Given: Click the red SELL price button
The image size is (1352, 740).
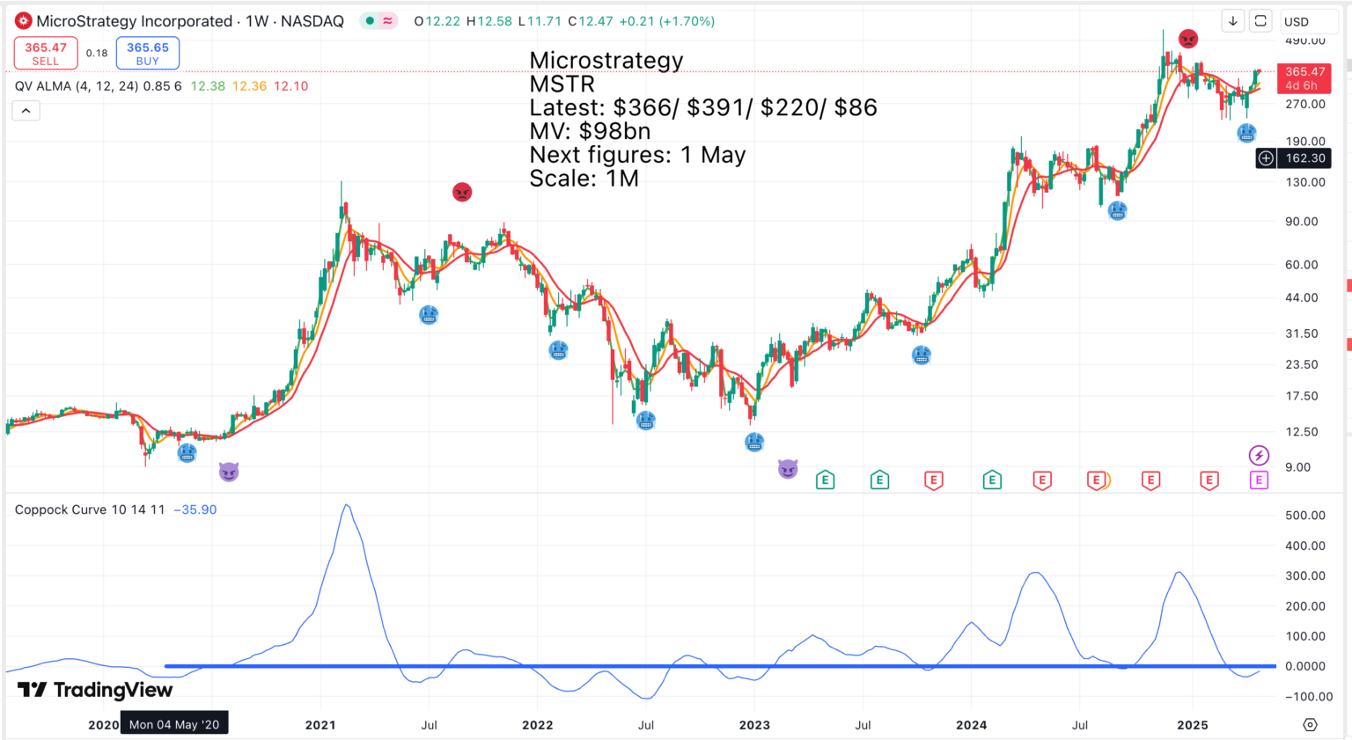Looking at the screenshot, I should [x=46, y=53].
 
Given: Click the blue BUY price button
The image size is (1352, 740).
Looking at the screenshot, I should [x=148, y=53].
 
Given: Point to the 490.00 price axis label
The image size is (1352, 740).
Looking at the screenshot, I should [x=1304, y=40].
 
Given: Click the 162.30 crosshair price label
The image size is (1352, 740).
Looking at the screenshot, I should [x=1304, y=158].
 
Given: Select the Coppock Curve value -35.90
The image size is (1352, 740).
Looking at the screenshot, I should [x=195, y=509].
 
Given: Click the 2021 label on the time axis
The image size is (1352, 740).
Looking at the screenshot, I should [x=320, y=725].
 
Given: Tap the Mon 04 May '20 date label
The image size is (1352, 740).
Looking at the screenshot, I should [x=174, y=724].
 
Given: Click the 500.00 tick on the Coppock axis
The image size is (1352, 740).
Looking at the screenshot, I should [x=1304, y=516].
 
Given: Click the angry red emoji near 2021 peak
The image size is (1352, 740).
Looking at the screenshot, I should [x=462, y=192].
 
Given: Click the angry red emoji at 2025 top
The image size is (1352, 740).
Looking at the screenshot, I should [x=1188, y=40].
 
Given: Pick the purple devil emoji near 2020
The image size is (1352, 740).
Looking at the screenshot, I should [x=229, y=473].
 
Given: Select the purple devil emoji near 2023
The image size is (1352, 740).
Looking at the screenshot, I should [x=788, y=469].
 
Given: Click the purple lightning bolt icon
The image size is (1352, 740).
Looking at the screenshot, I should [x=1259, y=455].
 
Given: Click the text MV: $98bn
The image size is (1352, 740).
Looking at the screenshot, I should [x=590, y=131].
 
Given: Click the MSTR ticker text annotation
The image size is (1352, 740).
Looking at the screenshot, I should [x=562, y=84].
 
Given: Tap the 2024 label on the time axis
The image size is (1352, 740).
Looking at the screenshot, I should [x=972, y=725].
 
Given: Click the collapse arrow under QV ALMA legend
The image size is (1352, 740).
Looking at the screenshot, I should [x=26, y=110].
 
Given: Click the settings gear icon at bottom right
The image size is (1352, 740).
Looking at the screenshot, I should [x=1310, y=725].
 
